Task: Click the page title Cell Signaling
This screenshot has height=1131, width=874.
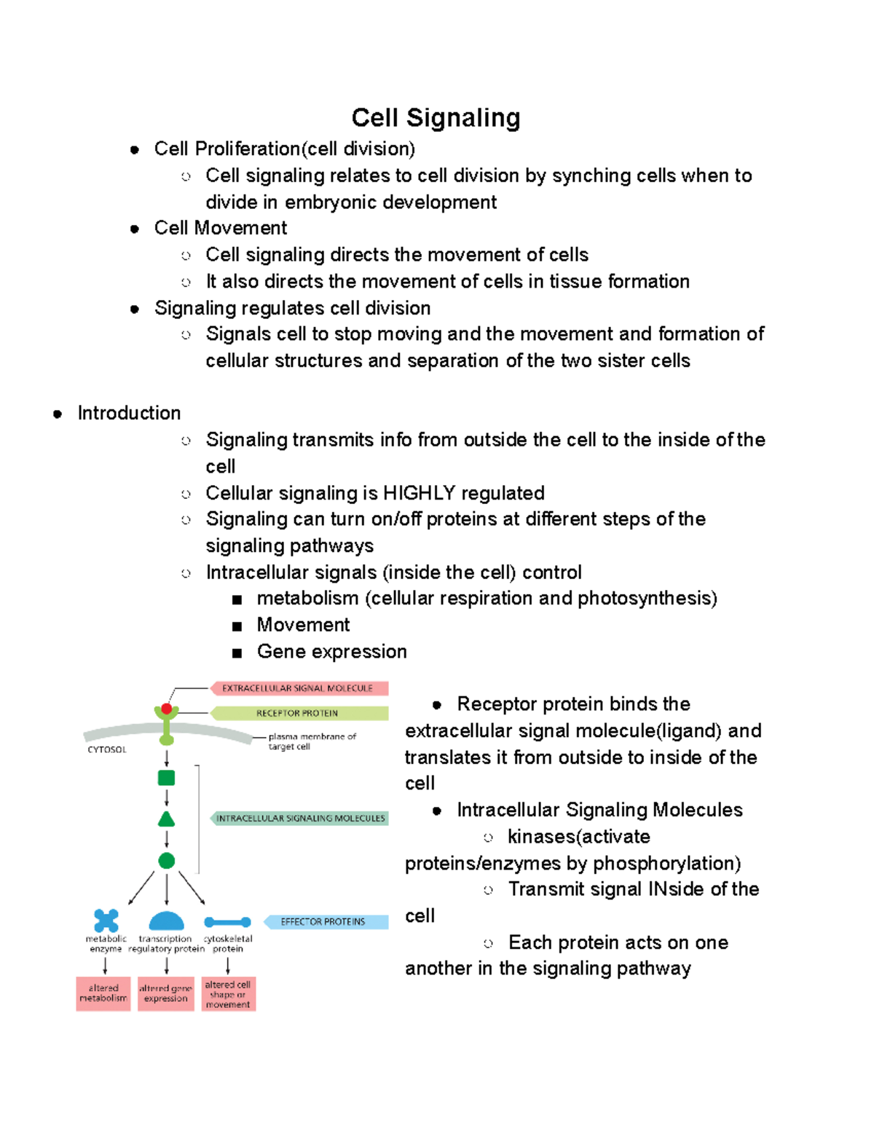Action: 436,118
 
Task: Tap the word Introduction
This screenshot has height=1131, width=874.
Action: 129,413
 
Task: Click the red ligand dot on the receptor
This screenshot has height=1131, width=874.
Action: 167,709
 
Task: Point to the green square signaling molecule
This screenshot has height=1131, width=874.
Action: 167,778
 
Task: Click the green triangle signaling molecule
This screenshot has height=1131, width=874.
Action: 167,819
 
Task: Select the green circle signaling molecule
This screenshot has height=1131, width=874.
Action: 167,861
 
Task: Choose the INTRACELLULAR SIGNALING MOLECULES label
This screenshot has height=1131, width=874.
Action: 300,819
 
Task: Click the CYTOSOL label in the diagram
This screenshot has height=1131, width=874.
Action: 107,749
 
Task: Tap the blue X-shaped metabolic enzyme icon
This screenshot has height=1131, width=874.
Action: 106,921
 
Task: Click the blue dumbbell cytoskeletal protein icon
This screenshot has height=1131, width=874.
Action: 228,922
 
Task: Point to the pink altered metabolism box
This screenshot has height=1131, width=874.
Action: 103,993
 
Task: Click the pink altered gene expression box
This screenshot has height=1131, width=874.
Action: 166,993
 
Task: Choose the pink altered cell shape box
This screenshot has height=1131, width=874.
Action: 228,994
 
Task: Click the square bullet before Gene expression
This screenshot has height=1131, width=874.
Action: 237,653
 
